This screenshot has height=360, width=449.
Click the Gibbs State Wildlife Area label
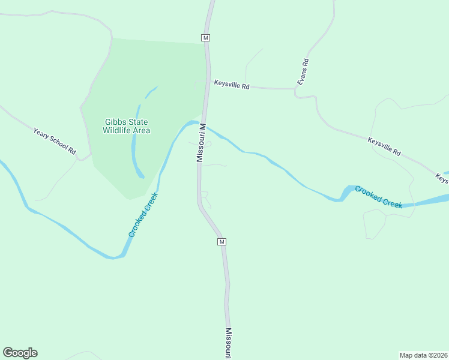pyautogui.click(x=126, y=126)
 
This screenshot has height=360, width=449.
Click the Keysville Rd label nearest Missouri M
pyautogui.click(x=231, y=86)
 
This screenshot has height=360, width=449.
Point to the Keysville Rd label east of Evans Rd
pyautogui.click(x=384, y=146)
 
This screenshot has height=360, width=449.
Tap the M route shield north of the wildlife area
pyautogui.click(x=205, y=37)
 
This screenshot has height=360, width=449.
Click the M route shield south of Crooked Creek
pyautogui.click(x=221, y=241)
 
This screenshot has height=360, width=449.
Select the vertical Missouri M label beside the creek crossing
pyautogui.click(x=202, y=143)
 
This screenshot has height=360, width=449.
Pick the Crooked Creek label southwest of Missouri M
pyautogui.click(x=143, y=214)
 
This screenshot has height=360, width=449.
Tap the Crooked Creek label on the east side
pyautogui.click(x=378, y=197)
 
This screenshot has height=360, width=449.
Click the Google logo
pyautogui.click(x=20, y=353)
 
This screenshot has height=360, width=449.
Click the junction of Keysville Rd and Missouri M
pyautogui.click(x=208, y=85)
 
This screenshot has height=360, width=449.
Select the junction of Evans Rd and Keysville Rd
pyautogui.click(x=296, y=90)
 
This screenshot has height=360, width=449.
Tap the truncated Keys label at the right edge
pyautogui.click(x=442, y=178)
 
